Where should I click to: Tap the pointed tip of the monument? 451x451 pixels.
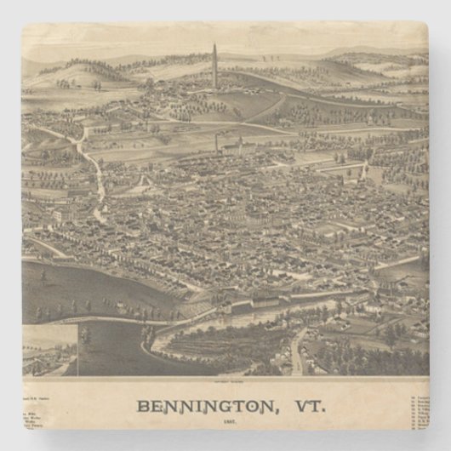pyautogui.click(x=215, y=44)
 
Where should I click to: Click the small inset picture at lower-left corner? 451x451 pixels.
pyautogui.click(x=50, y=348)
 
